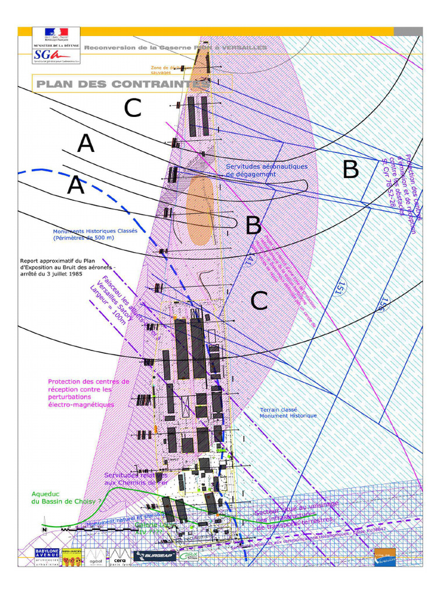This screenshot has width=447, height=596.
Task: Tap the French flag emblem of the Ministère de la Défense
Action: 50,35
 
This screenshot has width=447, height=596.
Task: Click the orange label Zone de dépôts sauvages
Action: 165,69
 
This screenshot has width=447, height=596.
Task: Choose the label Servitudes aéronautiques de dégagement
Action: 266,170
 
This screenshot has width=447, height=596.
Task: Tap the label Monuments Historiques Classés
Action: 95,234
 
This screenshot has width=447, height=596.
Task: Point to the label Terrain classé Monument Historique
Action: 288,412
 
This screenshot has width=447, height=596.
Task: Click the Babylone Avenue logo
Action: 40,556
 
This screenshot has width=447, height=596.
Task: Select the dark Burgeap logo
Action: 154,556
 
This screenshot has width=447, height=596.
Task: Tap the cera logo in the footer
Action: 119,556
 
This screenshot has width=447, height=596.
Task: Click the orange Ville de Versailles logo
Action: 385,556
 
